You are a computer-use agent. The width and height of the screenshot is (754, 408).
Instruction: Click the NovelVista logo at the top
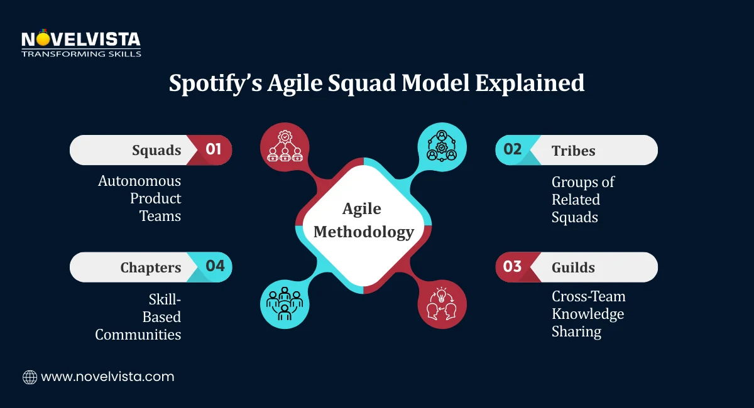pyautogui.click(x=80, y=43)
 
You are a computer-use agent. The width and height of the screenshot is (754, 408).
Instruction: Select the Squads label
pyautogui.click(x=156, y=150)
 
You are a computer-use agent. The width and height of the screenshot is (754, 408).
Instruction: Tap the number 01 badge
pyautogui.click(x=214, y=149)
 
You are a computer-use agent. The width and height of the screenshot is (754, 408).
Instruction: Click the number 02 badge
pyautogui.click(x=513, y=149)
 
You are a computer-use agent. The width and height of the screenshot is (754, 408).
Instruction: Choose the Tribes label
pyautogui.click(x=573, y=150)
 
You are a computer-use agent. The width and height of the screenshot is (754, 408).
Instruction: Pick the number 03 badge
pyautogui.click(x=513, y=267)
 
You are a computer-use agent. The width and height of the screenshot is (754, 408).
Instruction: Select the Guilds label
pyautogui.click(x=573, y=267)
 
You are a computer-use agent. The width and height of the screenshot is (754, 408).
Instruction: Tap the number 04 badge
pyautogui.click(x=215, y=266)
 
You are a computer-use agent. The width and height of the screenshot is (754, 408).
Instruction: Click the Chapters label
pyautogui.click(x=150, y=267)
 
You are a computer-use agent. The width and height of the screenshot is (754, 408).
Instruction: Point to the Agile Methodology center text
pyautogui.click(x=363, y=220)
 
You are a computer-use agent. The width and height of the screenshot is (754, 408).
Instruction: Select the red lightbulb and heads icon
pyautogui.click(x=442, y=304)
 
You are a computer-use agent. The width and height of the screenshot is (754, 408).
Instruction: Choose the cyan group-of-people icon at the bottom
pyautogui.click(x=285, y=304)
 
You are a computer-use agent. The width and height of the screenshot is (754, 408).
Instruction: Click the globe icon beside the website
pyautogui.click(x=30, y=377)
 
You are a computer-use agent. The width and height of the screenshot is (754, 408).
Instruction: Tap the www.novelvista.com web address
pyautogui.click(x=107, y=377)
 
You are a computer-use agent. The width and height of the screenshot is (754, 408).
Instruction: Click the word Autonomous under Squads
pyautogui.click(x=139, y=181)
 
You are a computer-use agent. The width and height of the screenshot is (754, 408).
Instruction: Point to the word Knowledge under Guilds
pyautogui.click(x=587, y=314)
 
